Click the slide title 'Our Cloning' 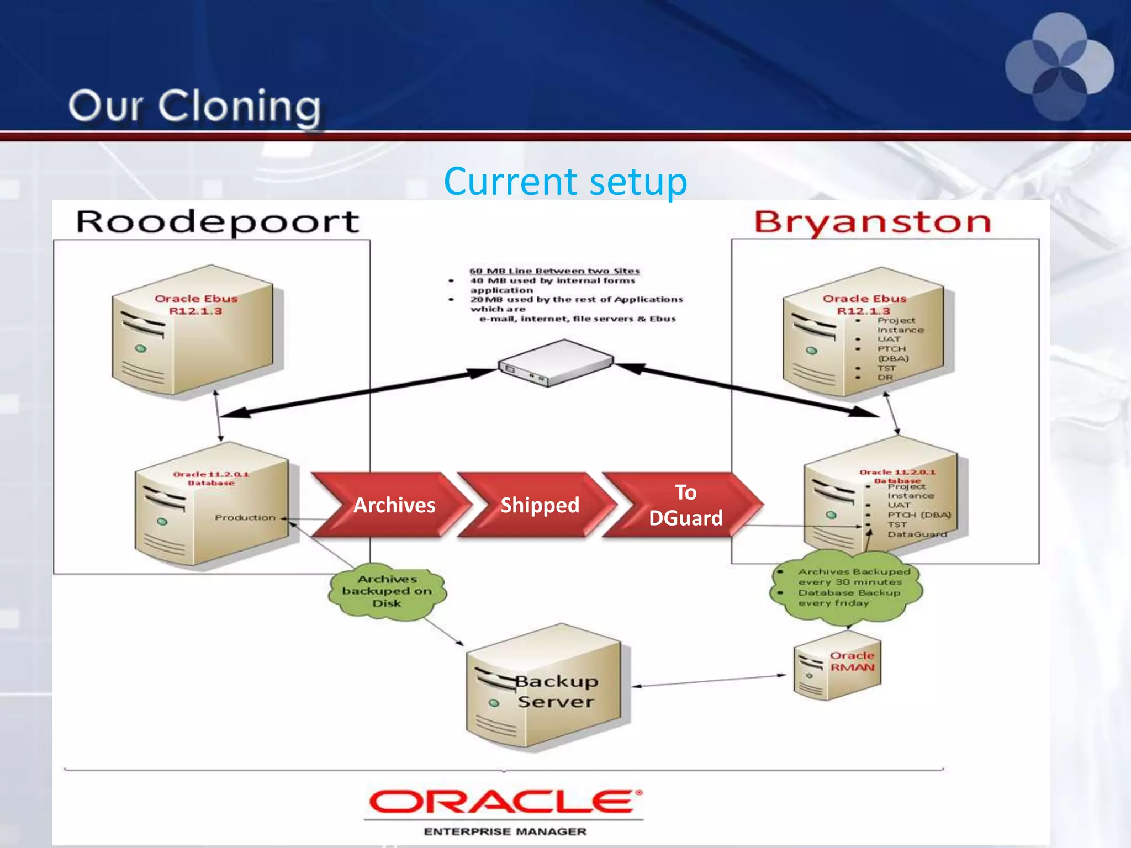[194, 106]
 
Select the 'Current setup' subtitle [565, 181]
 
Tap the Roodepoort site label [217, 222]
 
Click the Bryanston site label [873, 222]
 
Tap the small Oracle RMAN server [837, 665]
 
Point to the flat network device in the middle [555, 363]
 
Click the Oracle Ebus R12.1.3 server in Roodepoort [196, 331]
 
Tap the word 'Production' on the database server [245, 517]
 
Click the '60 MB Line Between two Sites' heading [554, 271]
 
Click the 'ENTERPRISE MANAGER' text [505, 831]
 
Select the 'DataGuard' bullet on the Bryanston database [917, 534]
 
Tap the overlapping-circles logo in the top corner [1059, 66]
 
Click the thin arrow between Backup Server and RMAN [710, 681]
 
